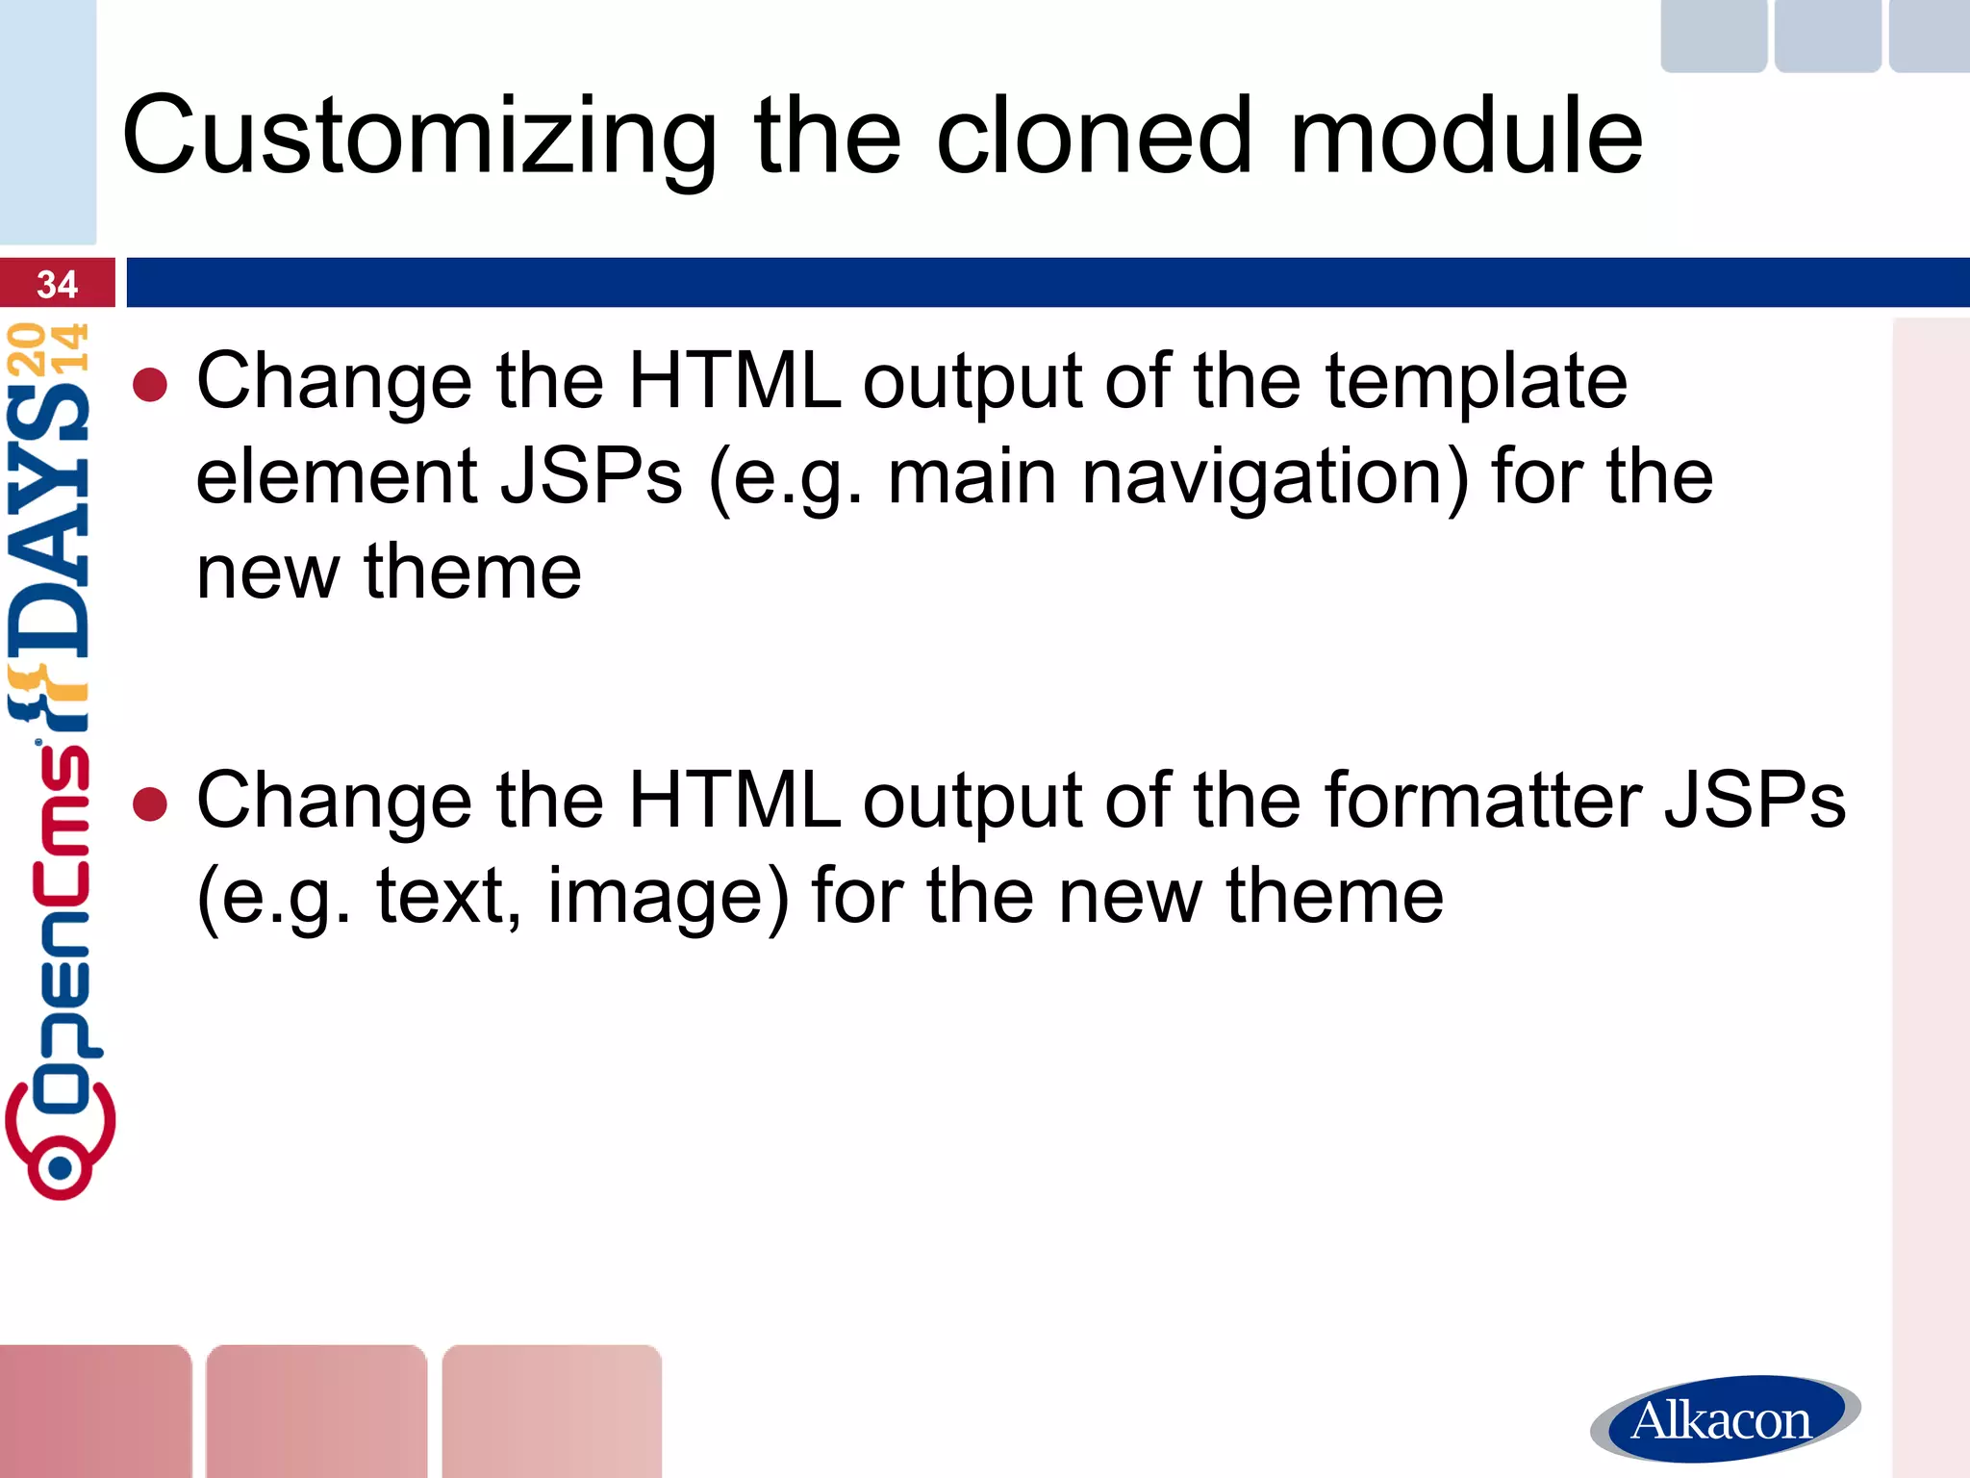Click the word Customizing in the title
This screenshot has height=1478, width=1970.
point(419,138)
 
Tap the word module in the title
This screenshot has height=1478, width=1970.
point(1466,136)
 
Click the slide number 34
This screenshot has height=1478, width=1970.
point(57,284)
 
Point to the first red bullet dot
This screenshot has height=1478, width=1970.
point(151,386)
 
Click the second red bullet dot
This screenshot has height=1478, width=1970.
point(151,804)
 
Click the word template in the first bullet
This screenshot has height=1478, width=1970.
point(1477,382)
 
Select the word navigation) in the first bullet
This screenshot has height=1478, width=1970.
point(1275,477)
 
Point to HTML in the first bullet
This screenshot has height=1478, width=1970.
point(734,382)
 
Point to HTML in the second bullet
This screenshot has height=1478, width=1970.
point(734,801)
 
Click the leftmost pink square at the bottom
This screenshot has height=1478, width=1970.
point(94,1411)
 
